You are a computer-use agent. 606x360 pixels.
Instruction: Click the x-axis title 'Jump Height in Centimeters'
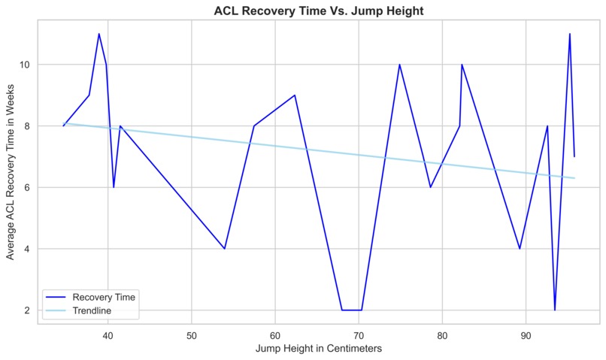tap(318, 349)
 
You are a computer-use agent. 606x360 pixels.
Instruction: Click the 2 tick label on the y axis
tap(27, 310)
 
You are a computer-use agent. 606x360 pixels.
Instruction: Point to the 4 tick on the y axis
tap(27, 249)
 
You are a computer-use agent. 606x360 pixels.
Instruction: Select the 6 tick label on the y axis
tap(27, 187)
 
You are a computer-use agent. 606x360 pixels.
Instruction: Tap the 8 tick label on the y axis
tap(27, 126)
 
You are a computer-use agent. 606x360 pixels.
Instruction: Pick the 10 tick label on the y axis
tap(25, 65)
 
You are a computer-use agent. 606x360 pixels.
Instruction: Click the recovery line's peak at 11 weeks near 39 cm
tap(98, 34)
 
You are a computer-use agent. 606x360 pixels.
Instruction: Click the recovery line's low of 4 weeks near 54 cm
tap(225, 249)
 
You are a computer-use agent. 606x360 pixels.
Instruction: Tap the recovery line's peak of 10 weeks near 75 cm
tap(399, 65)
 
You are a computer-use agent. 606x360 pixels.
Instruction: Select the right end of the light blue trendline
tap(574, 178)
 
